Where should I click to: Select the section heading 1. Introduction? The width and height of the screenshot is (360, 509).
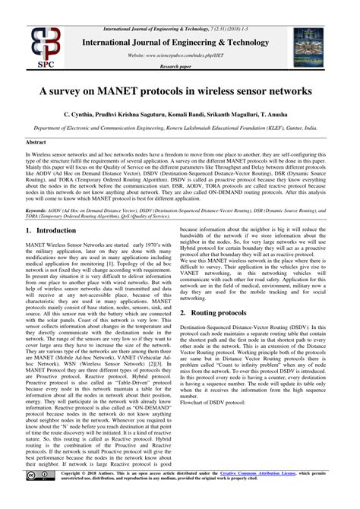tap(55, 230)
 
